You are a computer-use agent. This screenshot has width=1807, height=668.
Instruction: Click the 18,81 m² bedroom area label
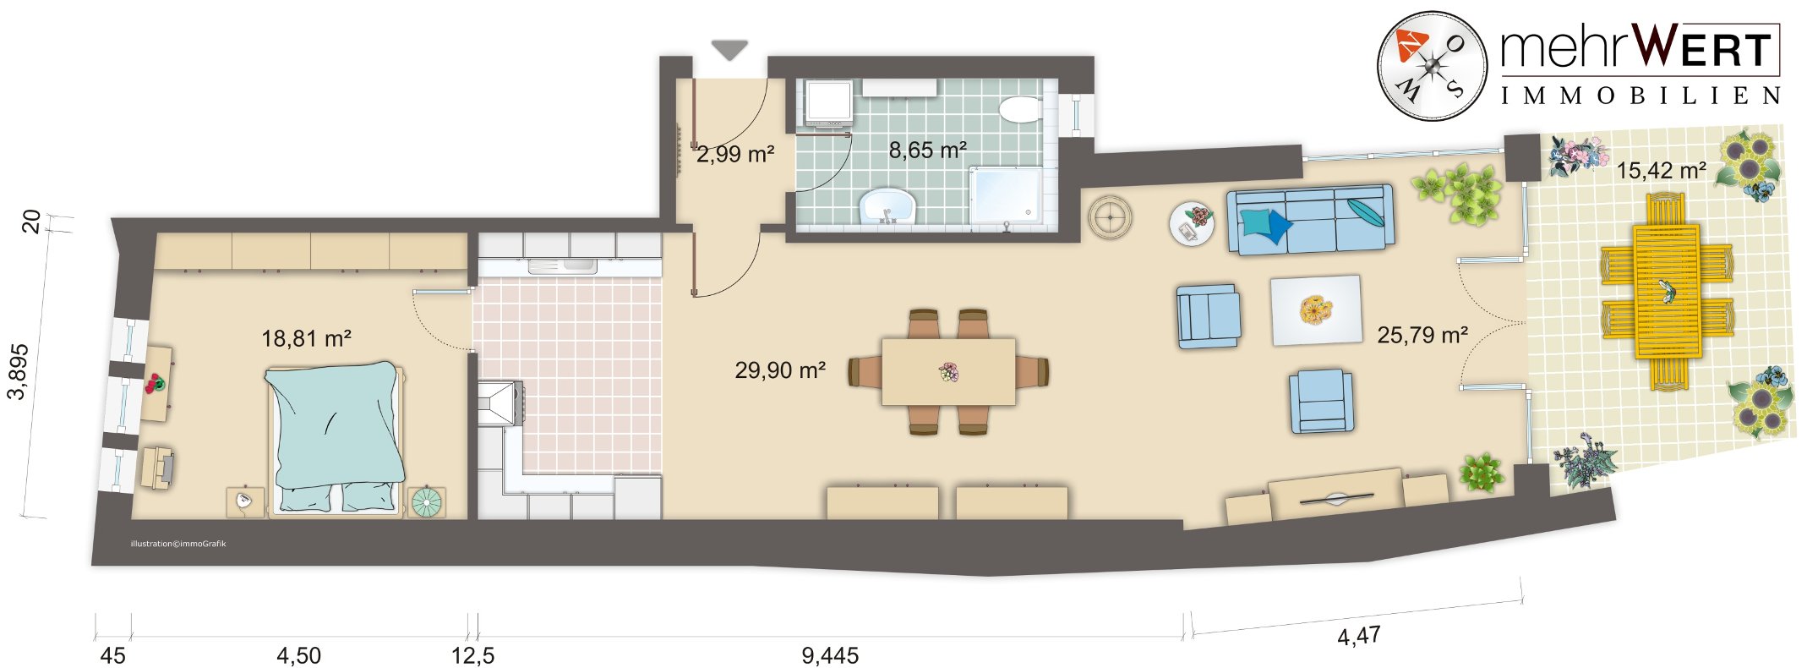(306, 339)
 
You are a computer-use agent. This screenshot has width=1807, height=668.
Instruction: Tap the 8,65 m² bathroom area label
(927, 151)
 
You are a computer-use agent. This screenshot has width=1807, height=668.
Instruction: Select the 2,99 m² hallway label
(735, 155)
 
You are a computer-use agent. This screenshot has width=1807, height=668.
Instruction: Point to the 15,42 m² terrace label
(1661, 171)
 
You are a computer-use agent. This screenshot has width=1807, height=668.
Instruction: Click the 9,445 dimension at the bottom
(830, 655)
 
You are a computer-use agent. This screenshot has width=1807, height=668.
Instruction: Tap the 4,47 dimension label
(1359, 635)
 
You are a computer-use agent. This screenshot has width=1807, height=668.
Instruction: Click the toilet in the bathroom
(1020, 109)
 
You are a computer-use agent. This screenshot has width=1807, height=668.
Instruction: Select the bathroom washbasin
(887, 205)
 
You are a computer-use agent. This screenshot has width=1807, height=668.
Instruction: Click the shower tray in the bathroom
(1012, 196)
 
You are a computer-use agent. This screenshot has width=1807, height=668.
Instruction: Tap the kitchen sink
(562, 266)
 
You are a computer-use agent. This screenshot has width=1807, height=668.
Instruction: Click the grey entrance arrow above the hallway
(729, 51)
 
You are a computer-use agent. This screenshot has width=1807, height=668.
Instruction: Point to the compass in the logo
(1432, 66)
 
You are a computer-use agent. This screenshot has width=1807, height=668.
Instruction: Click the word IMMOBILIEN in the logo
(1640, 96)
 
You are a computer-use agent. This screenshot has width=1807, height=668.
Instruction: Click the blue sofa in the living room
(1310, 219)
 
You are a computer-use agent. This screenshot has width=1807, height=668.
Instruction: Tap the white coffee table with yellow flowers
(1316, 310)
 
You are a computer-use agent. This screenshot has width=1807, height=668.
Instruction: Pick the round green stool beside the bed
(426, 502)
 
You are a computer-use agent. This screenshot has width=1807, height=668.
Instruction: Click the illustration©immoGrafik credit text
(178, 544)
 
